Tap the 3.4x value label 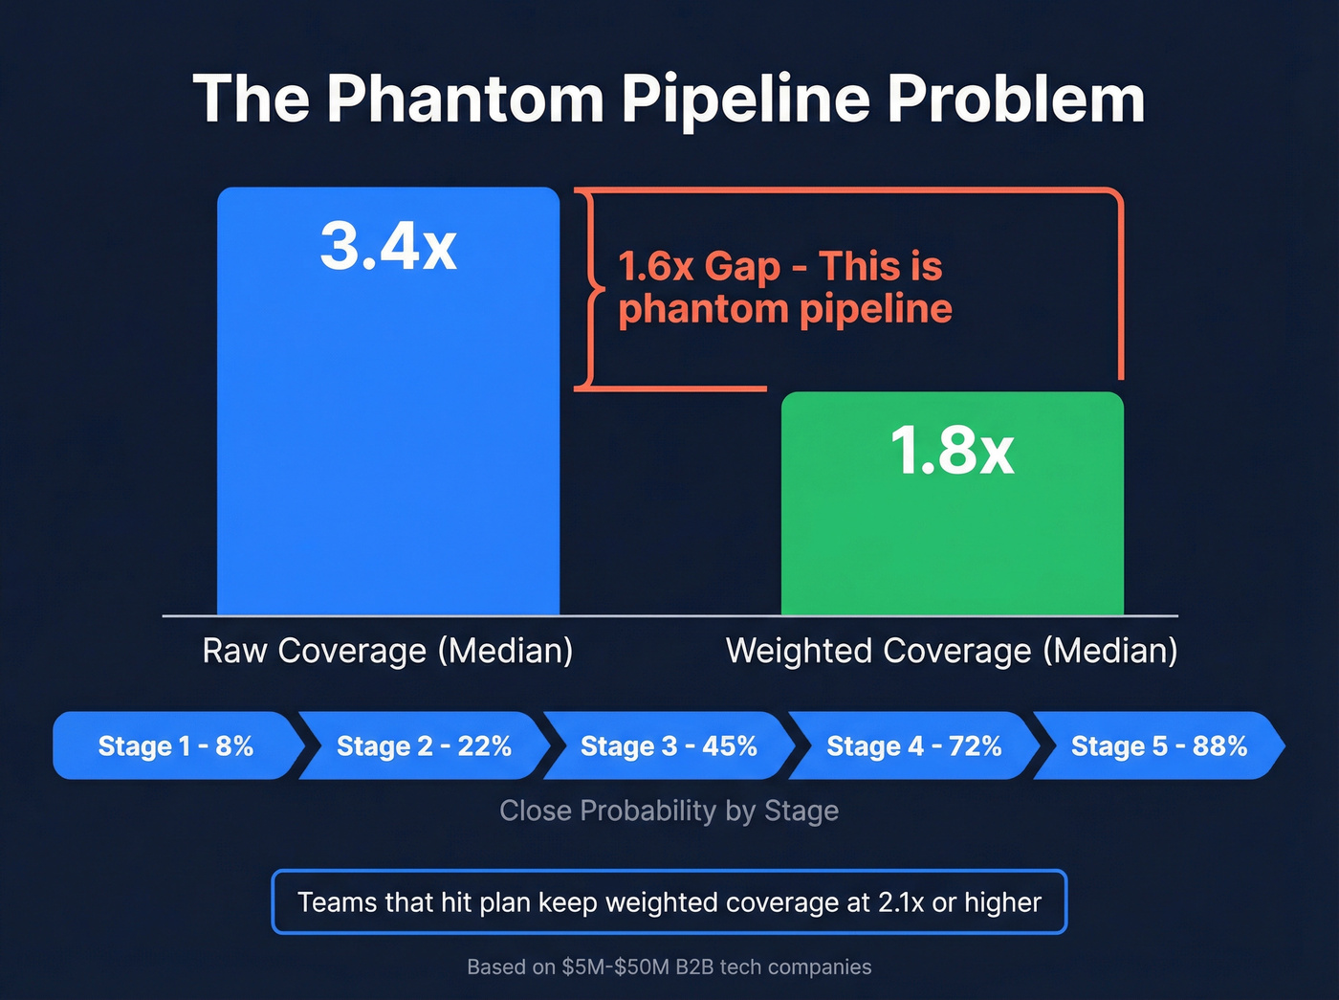coord(388,246)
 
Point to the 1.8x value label coord(952,450)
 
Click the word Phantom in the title coord(465,100)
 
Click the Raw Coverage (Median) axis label coord(387,651)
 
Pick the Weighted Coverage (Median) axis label coord(952,651)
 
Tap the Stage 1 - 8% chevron coord(175,745)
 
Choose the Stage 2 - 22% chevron coord(424,745)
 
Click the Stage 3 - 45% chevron coord(669,745)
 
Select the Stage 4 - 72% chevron coord(913,745)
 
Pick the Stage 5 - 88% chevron coord(1158,745)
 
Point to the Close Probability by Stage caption coord(669,811)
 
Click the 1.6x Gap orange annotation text coord(699,267)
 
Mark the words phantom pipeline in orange coord(784,309)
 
